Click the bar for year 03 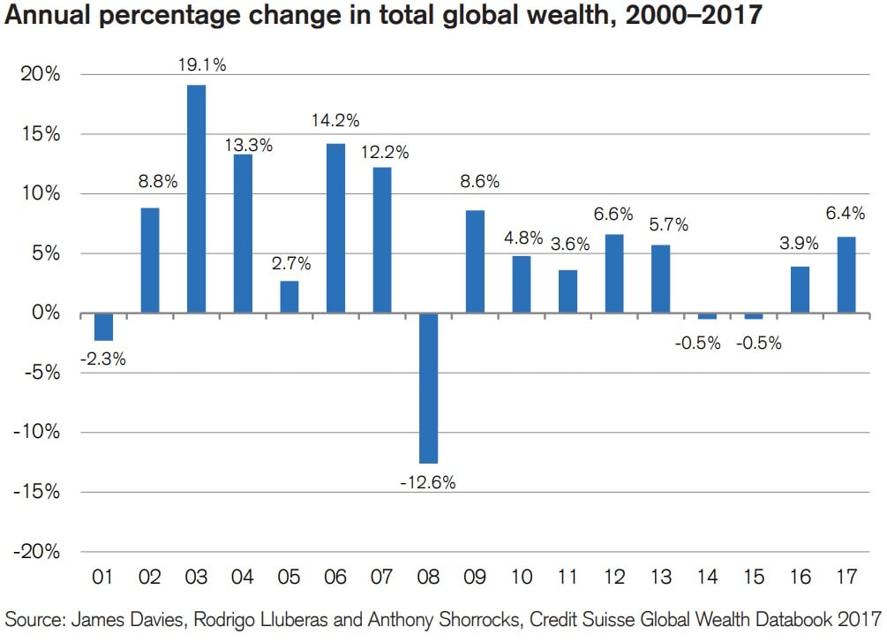(x=196, y=199)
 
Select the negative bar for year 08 (x=429, y=388)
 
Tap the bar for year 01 (x=103, y=327)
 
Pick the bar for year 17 (x=846, y=275)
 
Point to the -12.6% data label (x=428, y=483)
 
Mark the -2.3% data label (x=102, y=359)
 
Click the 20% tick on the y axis (x=41, y=75)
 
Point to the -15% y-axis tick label (x=38, y=492)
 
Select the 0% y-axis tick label (x=44, y=313)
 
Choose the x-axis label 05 (x=289, y=578)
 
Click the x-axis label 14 (x=707, y=578)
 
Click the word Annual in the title (x=46, y=18)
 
